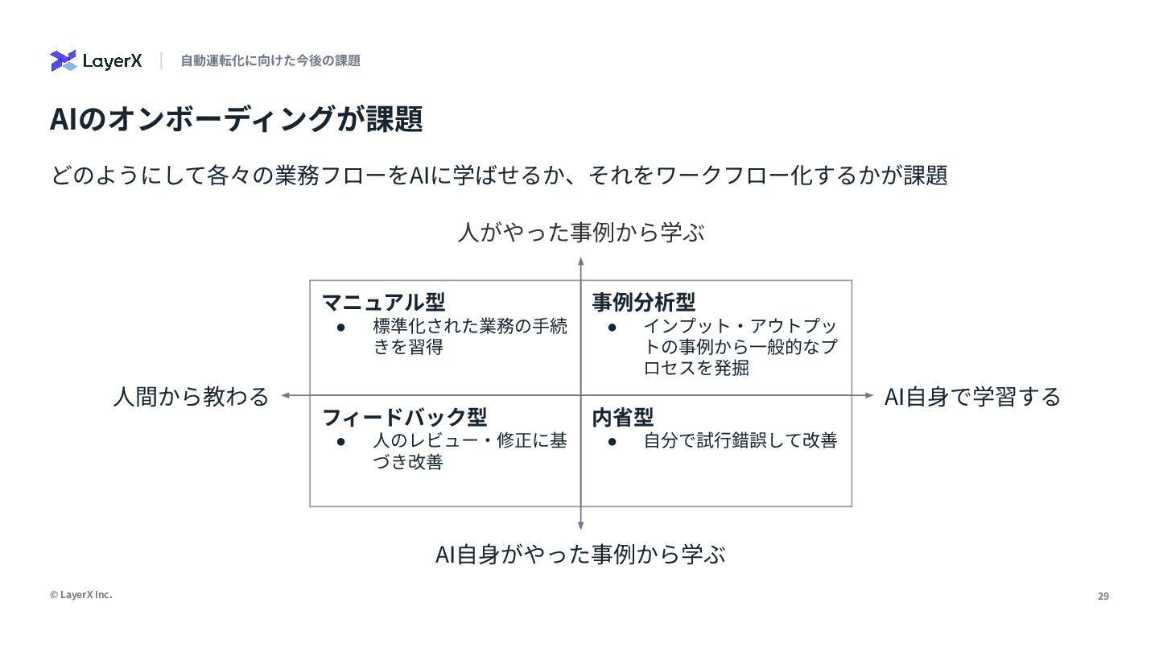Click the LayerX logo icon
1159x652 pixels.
coord(64,60)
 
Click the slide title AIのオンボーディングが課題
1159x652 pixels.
coord(236,120)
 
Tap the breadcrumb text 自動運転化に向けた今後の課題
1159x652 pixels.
coord(270,60)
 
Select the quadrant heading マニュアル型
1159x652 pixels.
coord(383,302)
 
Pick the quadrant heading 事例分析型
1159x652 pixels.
coord(643,302)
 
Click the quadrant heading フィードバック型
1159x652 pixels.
coord(404,417)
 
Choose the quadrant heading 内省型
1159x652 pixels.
coord(622,417)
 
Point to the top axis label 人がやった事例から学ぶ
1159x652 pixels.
coord(580,233)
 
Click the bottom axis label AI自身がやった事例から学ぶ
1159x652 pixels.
coord(580,555)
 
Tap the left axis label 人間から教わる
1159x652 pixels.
coord(191,396)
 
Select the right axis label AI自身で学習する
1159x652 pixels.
coord(972,396)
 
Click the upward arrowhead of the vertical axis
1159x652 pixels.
coord(580,261)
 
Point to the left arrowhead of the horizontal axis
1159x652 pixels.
coord(285,395)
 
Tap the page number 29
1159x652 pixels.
coord(1103,596)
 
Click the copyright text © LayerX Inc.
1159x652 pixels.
coord(80,595)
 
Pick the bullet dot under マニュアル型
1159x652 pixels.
coord(341,327)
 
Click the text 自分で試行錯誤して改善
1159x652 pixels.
coord(740,441)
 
